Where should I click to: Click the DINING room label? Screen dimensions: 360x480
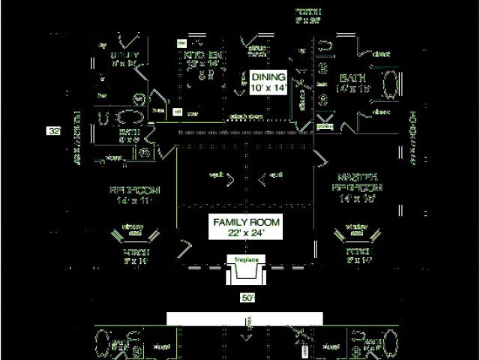(x=268, y=77)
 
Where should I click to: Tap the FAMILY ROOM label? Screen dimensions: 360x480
(x=246, y=223)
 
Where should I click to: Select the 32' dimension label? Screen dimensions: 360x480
(x=54, y=131)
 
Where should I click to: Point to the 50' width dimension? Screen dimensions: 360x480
(x=248, y=298)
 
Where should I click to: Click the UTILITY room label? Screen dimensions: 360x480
(x=124, y=56)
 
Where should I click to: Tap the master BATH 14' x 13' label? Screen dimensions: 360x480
(x=355, y=78)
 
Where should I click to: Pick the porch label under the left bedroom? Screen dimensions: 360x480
(x=136, y=254)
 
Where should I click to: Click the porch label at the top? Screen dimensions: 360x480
(x=308, y=12)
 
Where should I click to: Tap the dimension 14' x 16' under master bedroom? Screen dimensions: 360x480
(x=356, y=199)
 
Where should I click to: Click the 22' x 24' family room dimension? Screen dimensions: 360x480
(x=246, y=233)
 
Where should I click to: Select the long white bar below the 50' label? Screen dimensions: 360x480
(x=244, y=319)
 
